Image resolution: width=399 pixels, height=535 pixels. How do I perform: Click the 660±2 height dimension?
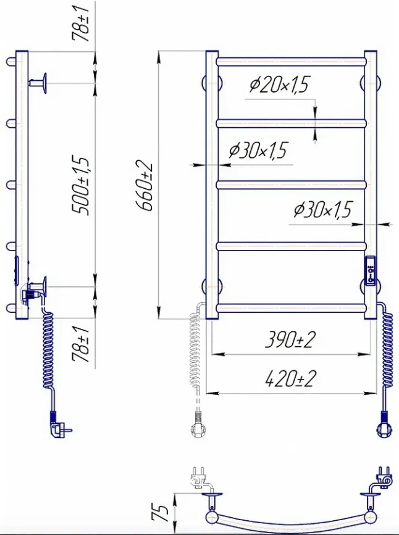tap(145, 185)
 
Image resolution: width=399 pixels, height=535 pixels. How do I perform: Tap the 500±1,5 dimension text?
tap(82, 185)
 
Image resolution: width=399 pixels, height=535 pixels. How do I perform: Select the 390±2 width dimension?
tap(290, 340)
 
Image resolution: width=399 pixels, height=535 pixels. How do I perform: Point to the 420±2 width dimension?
tap(290, 379)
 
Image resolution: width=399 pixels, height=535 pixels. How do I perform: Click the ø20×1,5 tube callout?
tap(279, 85)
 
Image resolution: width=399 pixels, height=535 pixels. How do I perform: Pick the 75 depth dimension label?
tap(160, 513)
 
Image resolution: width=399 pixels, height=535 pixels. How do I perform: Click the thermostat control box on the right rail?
tap(371, 270)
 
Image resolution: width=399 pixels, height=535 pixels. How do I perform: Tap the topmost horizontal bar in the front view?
tap(292, 62)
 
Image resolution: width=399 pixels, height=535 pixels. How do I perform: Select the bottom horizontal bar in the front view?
tap(292, 308)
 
